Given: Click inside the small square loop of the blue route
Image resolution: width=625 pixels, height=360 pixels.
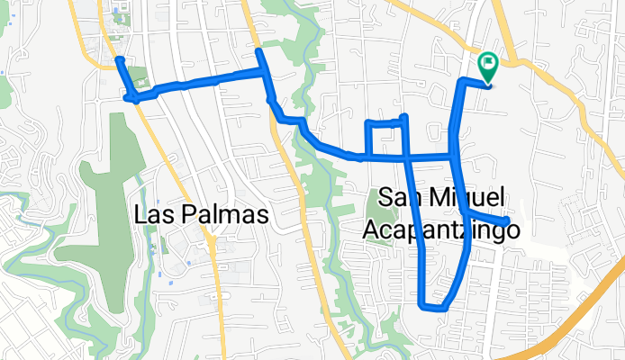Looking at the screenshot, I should point(382,139).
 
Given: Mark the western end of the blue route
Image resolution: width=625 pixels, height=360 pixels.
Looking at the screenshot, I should point(119,60).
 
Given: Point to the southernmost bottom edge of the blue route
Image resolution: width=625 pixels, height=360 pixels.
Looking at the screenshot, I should point(432,309).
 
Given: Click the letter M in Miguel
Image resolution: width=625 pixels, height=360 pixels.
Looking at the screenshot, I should point(444,199).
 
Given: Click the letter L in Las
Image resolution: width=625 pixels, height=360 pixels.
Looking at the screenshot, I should point(140,216).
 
